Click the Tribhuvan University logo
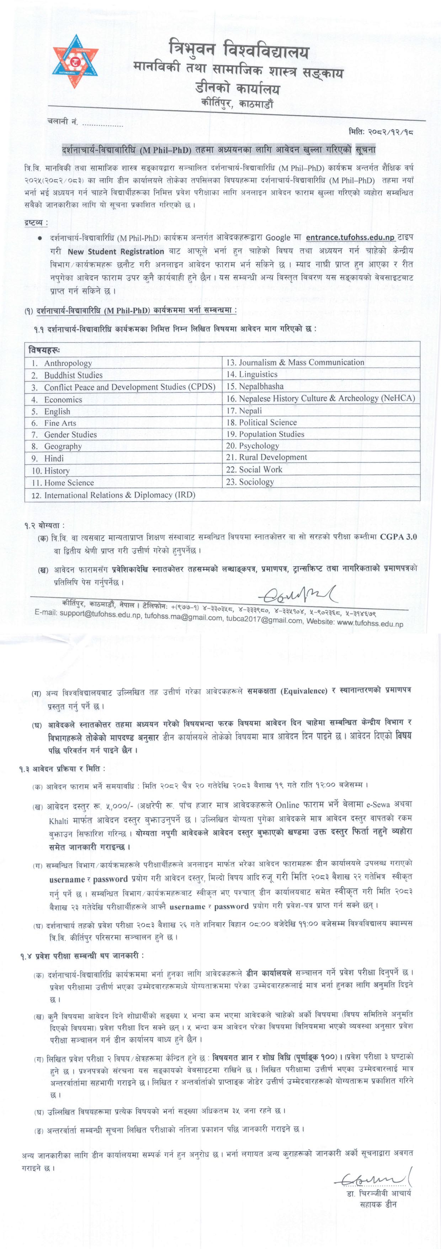75,62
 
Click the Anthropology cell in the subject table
68,363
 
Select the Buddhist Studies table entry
73,375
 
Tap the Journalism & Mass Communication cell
302,362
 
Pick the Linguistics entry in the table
258,374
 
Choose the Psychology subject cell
259,446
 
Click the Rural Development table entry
273,457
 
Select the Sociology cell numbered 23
256,482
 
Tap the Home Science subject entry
69,482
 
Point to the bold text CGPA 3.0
398,537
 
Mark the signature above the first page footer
298,594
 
